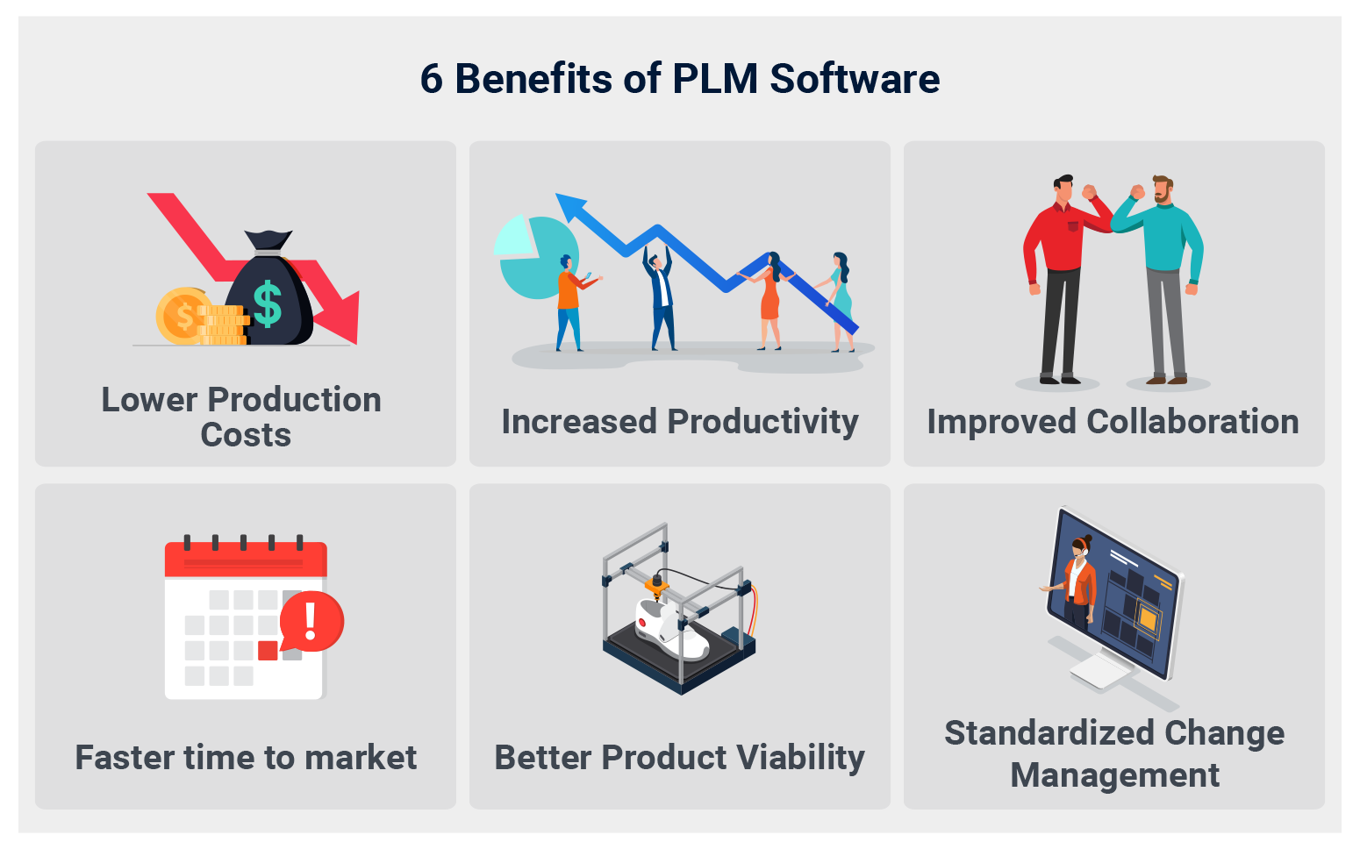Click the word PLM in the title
click(714, 79)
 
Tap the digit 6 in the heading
click(431, 79)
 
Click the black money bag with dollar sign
click(269, 294)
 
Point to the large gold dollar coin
click(182, 315)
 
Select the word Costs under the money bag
click(246, 435)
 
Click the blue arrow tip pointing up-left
click(569, 206)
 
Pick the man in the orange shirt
click(569, 303)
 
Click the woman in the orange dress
click(769, 298)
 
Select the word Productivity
click(762, 422)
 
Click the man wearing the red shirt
click(1060, 272)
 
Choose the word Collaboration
click(1192, 422)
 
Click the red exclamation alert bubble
click(311, 621)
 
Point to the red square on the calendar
click(268, 651)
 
